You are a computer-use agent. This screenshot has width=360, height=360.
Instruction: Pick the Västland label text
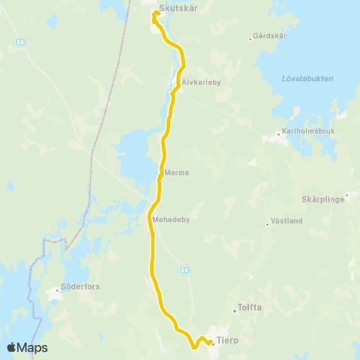click(x=288, y=220)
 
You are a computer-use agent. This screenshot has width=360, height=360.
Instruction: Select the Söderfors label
click(x=77, y=287)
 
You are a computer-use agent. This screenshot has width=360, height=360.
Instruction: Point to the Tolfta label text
click(x=250, y=307)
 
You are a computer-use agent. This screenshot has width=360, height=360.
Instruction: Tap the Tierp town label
click(x=227, y=341)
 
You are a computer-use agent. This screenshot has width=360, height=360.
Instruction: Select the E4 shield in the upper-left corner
click(x=22, y=43)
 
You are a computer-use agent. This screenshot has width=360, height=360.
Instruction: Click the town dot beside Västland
click(x=268, y=223)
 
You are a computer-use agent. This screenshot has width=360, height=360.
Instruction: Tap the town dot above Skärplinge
click(x=347, y=195)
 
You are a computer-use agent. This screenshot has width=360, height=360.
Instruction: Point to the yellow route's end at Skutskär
click(x=156, y=13)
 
